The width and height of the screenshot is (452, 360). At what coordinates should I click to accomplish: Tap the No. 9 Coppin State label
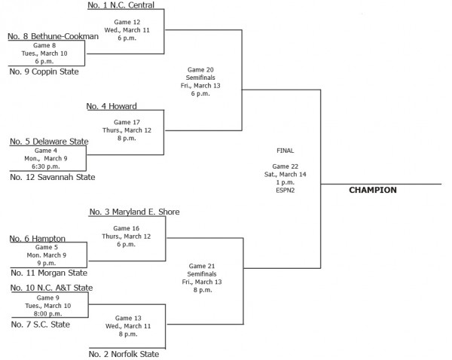tap(44, 72)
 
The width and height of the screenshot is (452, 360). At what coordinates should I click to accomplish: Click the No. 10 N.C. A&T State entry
tap(50, 288)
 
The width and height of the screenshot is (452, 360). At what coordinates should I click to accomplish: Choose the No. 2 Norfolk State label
tap(123, 353)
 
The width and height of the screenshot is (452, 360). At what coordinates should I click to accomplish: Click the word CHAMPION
tap(372, 191)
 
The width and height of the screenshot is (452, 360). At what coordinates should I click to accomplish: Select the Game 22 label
tap(286, 166)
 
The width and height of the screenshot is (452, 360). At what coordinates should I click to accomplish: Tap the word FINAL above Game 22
tap(286, 151)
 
